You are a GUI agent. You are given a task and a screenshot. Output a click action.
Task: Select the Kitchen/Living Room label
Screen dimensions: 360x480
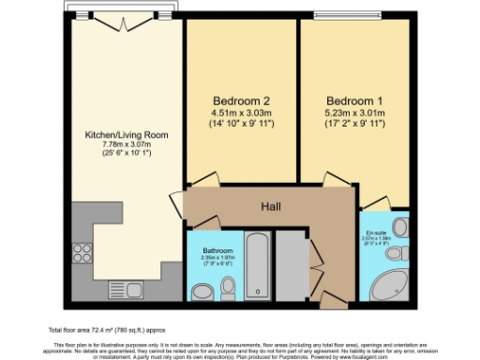point(127,135)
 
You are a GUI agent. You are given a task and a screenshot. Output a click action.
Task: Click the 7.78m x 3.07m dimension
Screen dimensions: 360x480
point(127,146)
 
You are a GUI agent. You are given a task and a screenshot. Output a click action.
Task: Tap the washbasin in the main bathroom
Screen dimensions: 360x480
point(202,292)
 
